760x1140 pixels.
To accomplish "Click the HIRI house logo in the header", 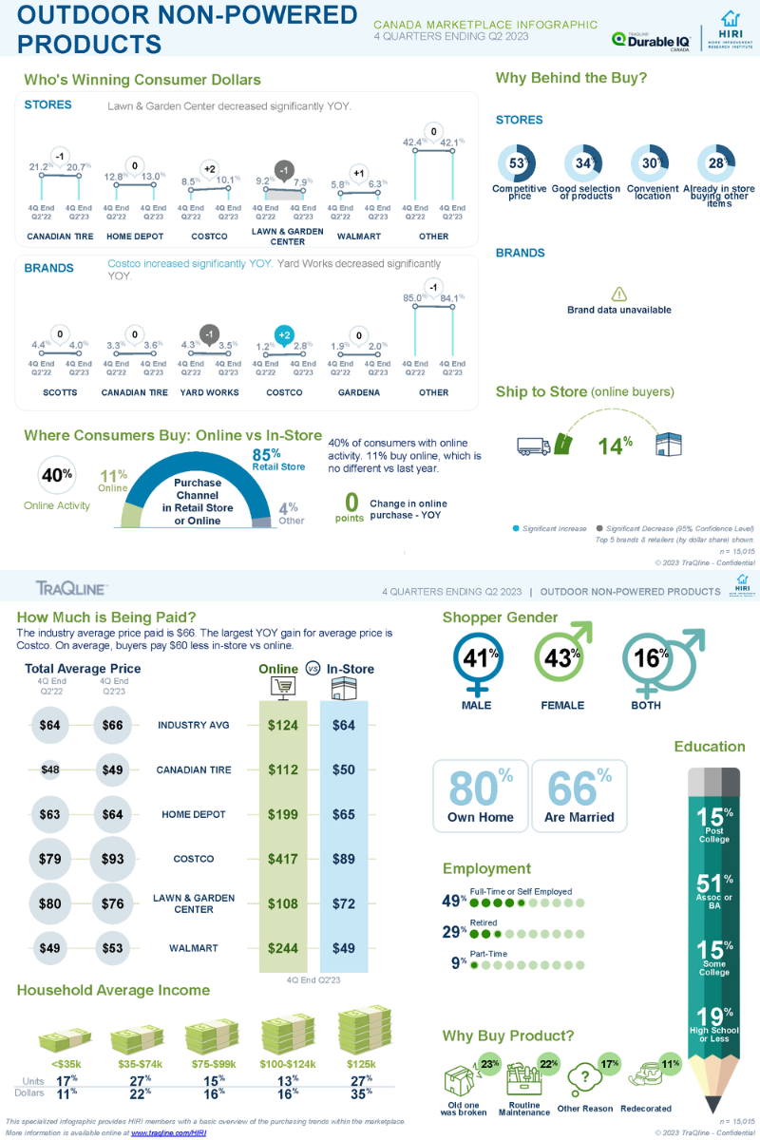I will (x=730, y=19).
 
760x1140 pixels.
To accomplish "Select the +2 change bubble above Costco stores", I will (x=210, y=168).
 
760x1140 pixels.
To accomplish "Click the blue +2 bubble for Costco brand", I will (x=283, y=334).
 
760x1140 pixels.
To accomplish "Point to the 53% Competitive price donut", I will (x=518, y=163).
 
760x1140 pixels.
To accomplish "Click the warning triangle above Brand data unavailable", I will (x=618, y=294).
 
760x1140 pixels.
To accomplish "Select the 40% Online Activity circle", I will (x=57, y=476).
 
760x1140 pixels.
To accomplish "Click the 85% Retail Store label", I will (x=277, y=460).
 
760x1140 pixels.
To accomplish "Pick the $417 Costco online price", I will (x=283, y=859).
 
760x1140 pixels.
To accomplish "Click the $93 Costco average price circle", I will (x=113, y=859).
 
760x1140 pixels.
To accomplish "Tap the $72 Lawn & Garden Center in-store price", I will (x=344, y=903).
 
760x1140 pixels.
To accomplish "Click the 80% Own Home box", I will (x=481, y=796).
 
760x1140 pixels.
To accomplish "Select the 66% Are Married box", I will (x=579, y=796).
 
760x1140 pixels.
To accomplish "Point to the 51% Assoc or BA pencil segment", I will (x=714, y=891).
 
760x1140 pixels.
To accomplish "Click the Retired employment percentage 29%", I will (x=453, y=932).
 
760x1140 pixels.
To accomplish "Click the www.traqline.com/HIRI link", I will (x=168, y=1133).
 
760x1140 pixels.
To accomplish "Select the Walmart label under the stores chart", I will (x=358, y=236).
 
